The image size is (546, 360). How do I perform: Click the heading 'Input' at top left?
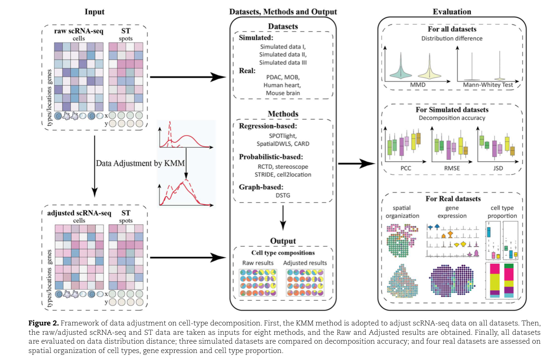coord(94,12)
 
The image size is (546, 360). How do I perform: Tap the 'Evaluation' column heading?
coord(452,12)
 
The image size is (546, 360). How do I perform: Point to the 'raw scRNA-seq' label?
coord(76,32)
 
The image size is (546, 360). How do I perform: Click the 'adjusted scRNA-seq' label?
coord(79,214)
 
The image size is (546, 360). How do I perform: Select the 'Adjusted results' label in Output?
coord(305,263)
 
